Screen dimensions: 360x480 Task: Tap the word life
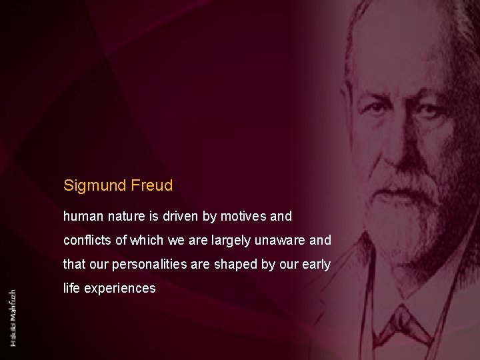[71, 289]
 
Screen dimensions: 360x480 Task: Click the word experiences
[119, 289]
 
